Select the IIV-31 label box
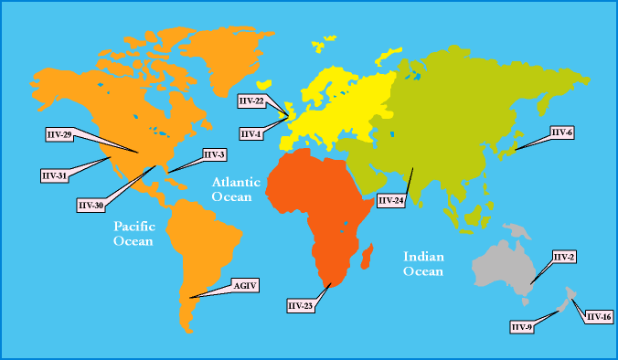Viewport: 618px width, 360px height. click(x=54, y=175)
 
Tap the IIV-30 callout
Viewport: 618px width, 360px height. click(x=91, y=206)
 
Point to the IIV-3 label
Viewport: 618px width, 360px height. click(x=214, y=154)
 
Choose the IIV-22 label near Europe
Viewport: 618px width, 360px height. click(x=251, y=100)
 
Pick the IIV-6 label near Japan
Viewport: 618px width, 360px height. click(x=561, y=132)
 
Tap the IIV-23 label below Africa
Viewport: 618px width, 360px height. click(x=300, y=305)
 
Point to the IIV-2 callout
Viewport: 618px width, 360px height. click(x=564, y=257)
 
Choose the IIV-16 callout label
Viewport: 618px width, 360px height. click(x=599, y=316)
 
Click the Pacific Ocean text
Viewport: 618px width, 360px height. click(x=133, y=233)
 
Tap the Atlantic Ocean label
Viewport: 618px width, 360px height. click(x=236, y=189)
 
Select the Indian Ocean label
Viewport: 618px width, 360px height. click(x=423, y=264)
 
